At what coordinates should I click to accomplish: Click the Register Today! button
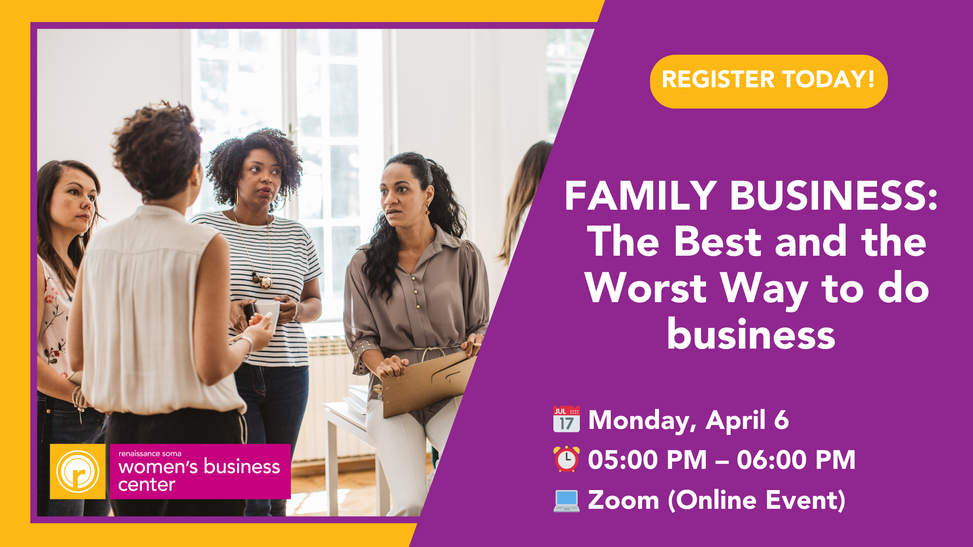pos(768,81)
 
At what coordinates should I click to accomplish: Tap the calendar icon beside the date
pos(566,419)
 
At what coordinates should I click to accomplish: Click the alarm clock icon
pos(566,459)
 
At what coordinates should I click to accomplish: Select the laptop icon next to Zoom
pos(566,501)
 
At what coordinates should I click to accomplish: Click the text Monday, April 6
pos(688,420)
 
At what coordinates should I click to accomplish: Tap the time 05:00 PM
pos(647,460)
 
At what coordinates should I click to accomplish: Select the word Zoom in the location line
pos(623,500)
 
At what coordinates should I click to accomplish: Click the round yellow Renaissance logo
pos(78,471)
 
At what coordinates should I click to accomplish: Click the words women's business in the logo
pos(199,467)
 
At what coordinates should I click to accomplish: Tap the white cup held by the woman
pos(266,313)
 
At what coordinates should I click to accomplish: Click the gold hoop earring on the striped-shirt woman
pos(236,198)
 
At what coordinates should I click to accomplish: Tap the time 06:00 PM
pos(796,460)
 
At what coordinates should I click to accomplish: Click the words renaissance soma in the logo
pos(150,454)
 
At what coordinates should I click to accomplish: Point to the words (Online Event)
pos(757,501)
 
